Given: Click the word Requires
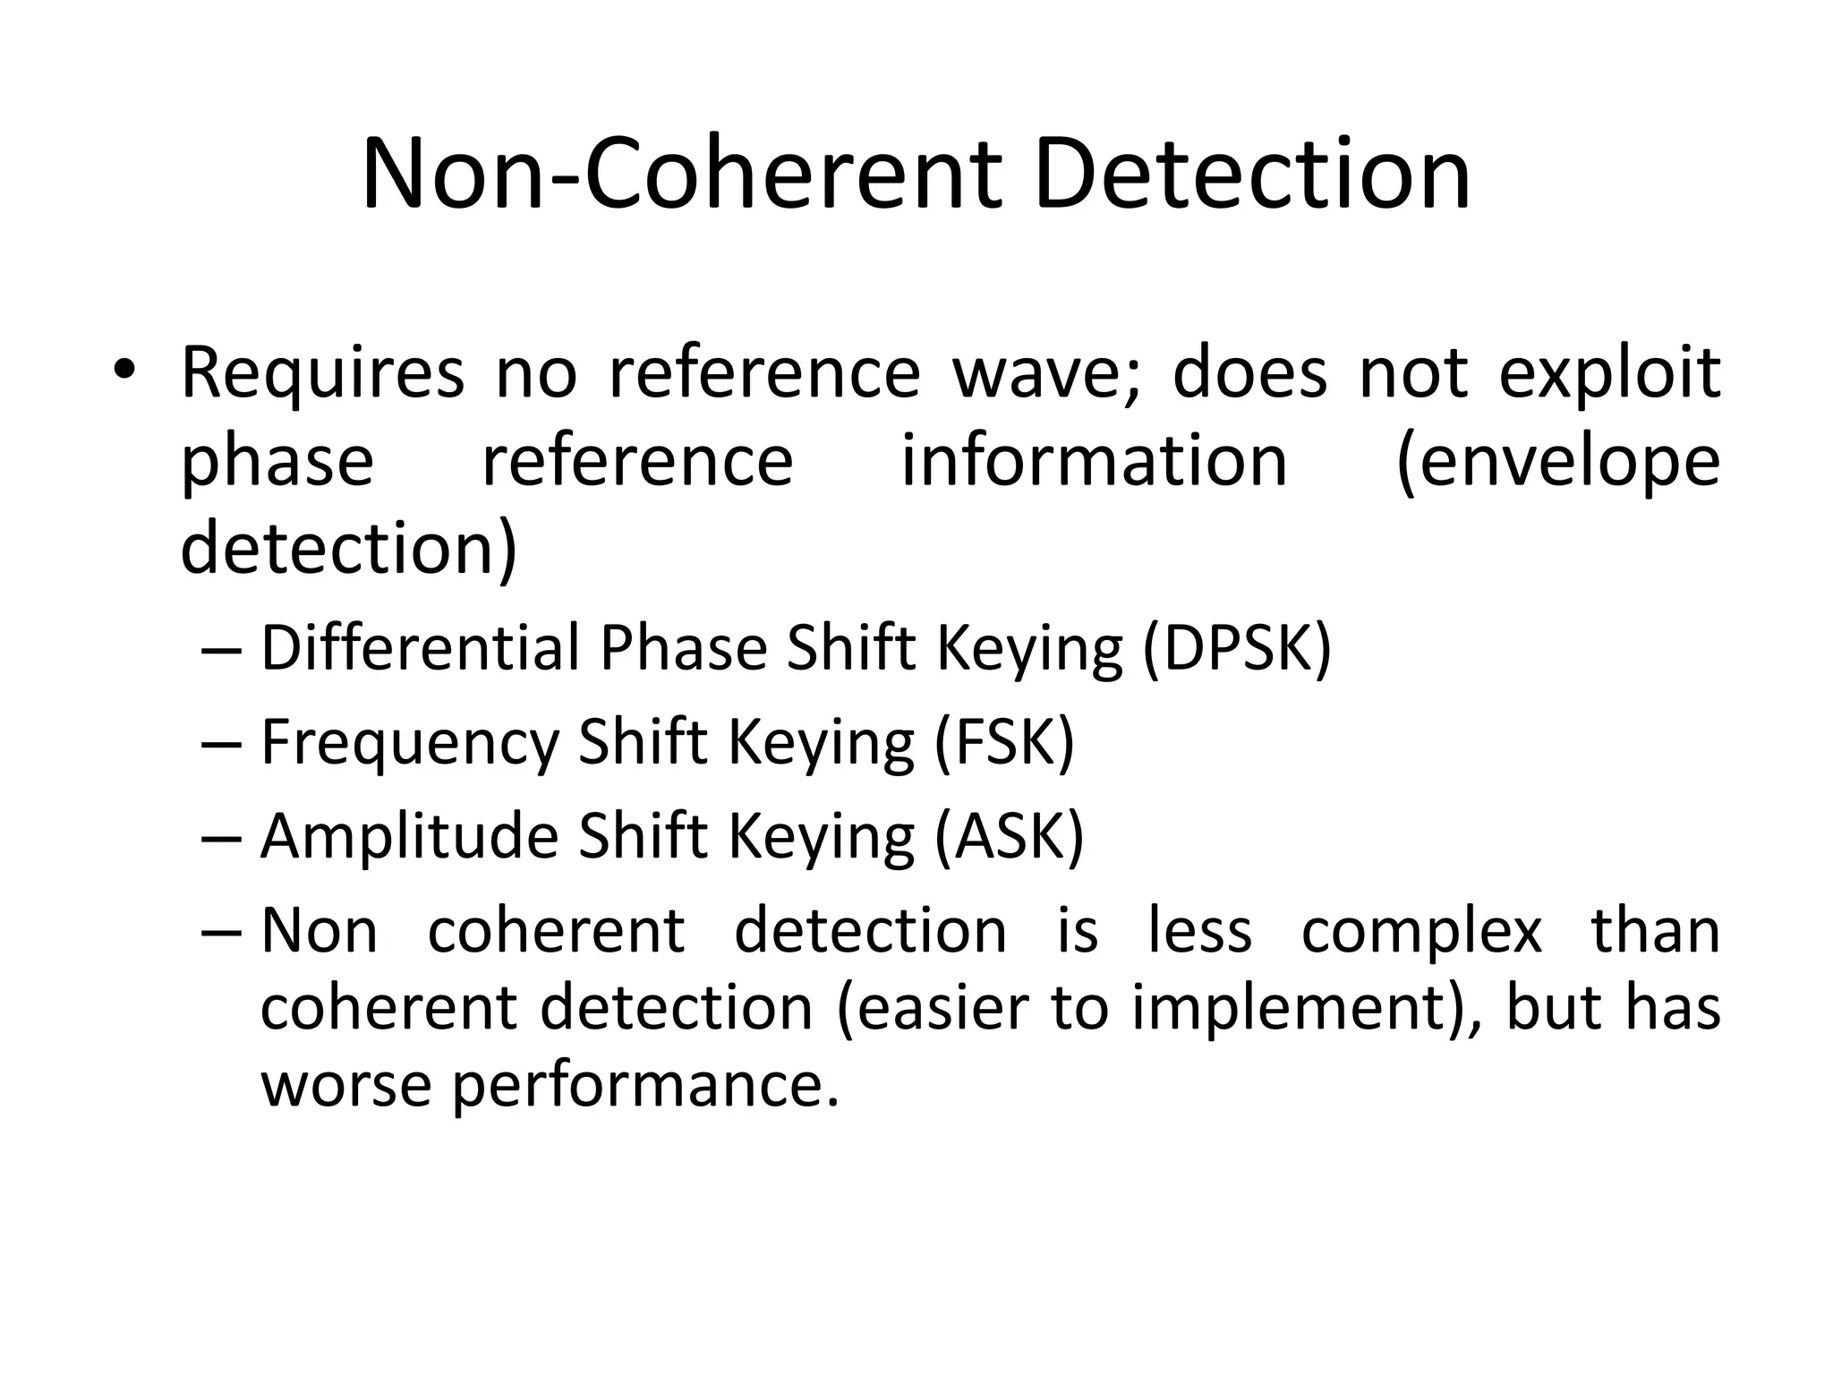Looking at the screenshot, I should coord(323,375).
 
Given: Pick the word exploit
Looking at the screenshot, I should coord(1609,373).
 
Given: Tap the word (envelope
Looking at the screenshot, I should coord(1557,464).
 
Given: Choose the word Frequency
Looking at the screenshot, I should coord(409,744).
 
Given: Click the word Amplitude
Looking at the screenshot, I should coord(409,836).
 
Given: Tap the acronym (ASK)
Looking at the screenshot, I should coord(1009,836).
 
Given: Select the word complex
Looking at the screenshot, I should coord(1421,931).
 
